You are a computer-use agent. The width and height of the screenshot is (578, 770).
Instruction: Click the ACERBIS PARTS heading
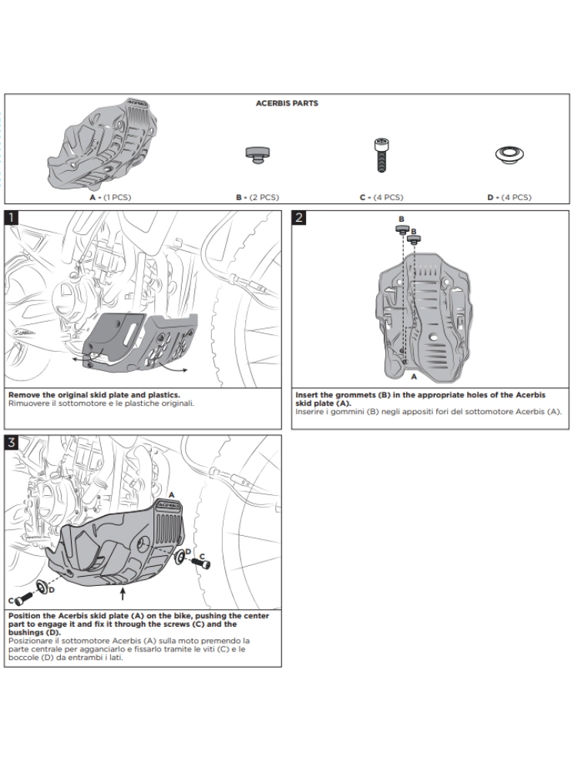click(287, 103)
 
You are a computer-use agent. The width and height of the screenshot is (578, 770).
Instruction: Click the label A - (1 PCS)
click(110, 198)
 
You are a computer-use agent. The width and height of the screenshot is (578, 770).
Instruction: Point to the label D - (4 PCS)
click(509, 198)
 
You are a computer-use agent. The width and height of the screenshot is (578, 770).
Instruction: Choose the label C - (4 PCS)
click(381, 198)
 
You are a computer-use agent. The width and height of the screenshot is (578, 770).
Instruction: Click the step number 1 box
click(12, 217)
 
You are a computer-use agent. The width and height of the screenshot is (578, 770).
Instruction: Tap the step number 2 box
click(299, 217)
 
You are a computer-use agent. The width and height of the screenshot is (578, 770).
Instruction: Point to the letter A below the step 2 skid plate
click(414, 377)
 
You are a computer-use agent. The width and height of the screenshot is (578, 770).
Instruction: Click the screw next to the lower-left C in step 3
click(24, 597)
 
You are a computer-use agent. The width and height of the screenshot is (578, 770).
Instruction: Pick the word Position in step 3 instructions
click(26, 617)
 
